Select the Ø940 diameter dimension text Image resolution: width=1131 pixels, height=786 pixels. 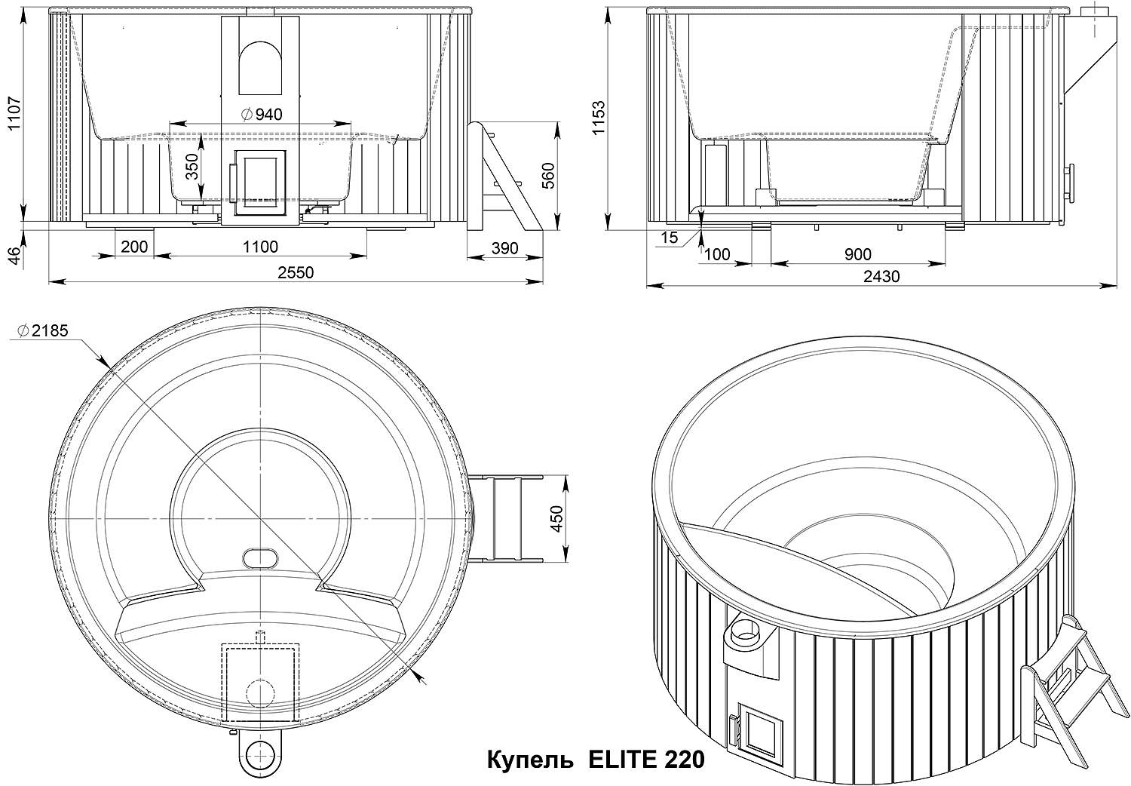tap(261, 115)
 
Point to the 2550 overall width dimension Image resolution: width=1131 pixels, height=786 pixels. tap(296, 272)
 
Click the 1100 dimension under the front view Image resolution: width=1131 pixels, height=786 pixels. tap(260, 247)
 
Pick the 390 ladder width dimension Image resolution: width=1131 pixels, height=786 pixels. tap(505, 248)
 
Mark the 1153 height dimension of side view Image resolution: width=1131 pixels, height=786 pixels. tap(599, 118)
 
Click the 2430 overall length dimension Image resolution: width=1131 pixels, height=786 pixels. tap(881, 276)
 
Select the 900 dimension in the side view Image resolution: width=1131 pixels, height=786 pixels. tap(858, 254)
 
